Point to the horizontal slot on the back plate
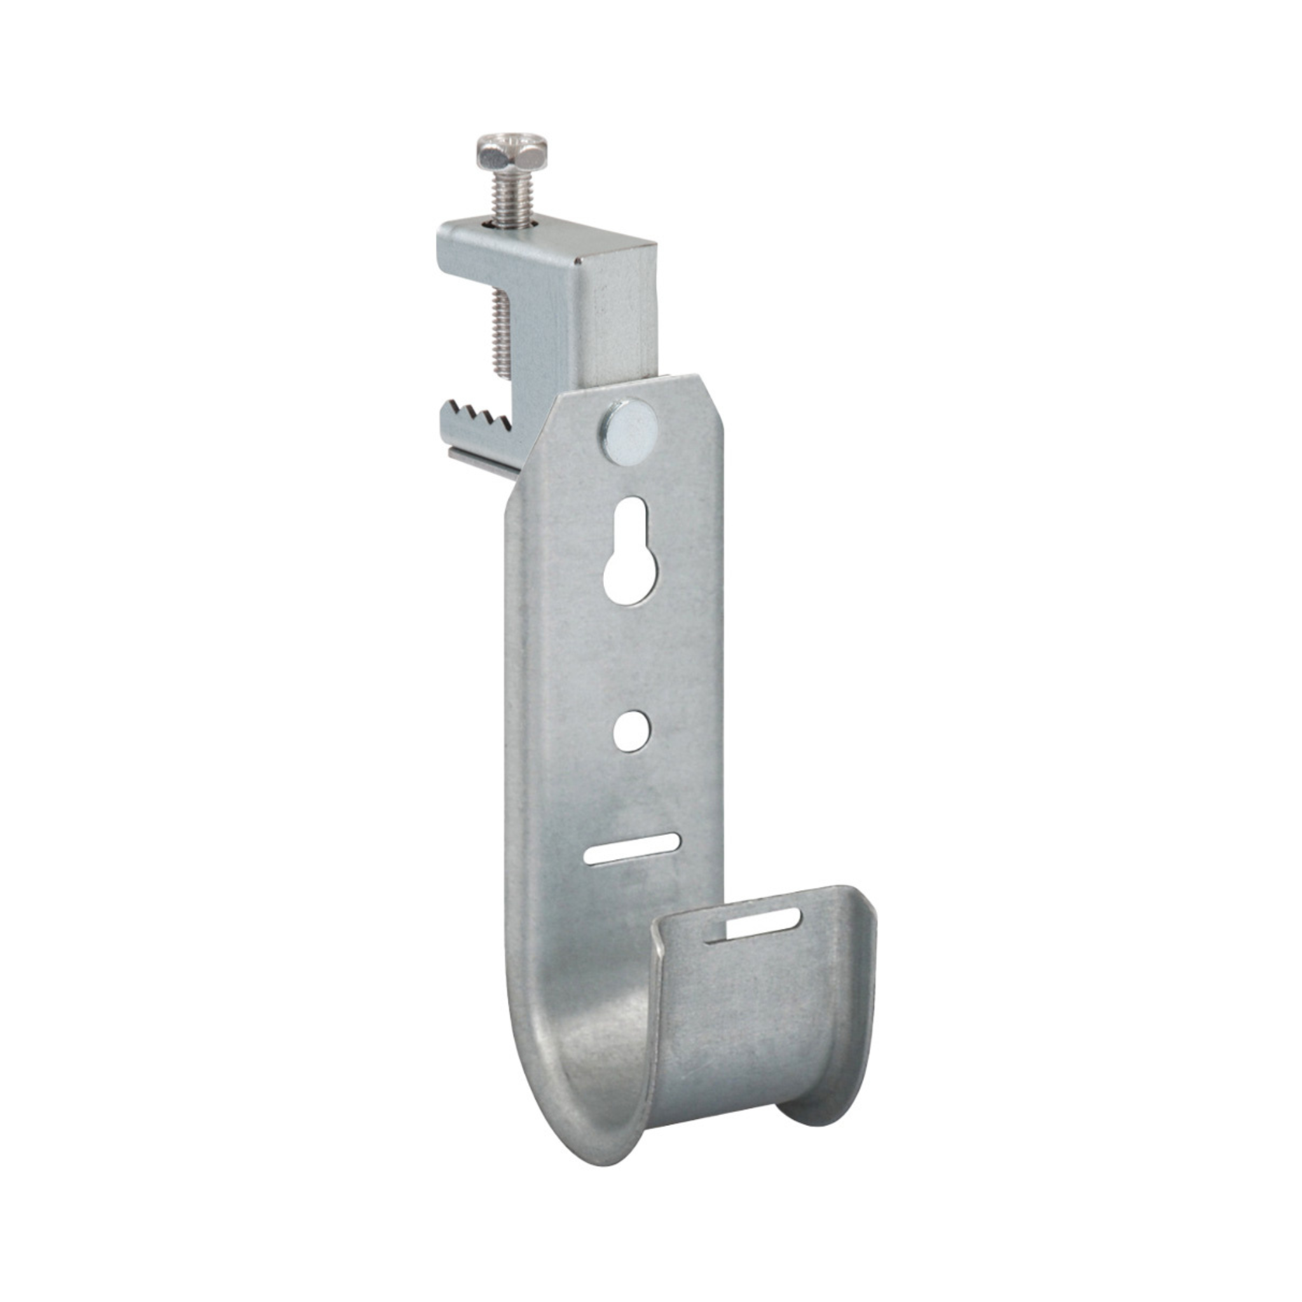point(631,849)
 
